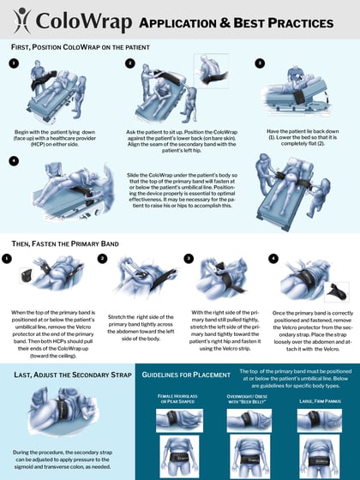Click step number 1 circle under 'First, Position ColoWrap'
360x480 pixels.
13,63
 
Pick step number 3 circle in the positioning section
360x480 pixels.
261,63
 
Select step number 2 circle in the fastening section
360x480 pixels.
104,257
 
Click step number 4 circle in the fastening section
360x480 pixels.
274,257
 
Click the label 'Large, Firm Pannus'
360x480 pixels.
315,399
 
